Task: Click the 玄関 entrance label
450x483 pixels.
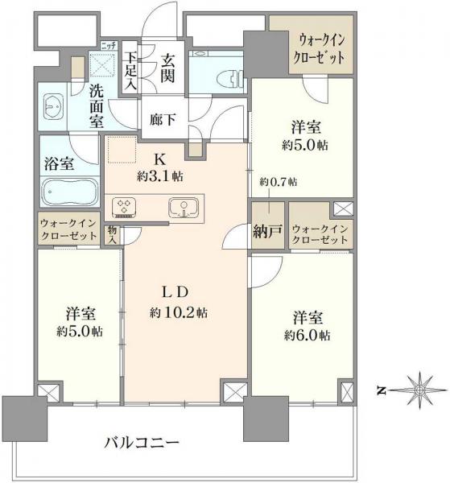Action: pyautogui.click(x=168, y=68)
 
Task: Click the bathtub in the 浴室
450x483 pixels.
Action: pyautogui.click(x=68, y=193)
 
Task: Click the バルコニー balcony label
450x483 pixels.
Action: pyautogui.click(x=141, y=442)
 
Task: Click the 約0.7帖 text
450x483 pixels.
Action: pyautogui.click(x=278, y=184)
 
